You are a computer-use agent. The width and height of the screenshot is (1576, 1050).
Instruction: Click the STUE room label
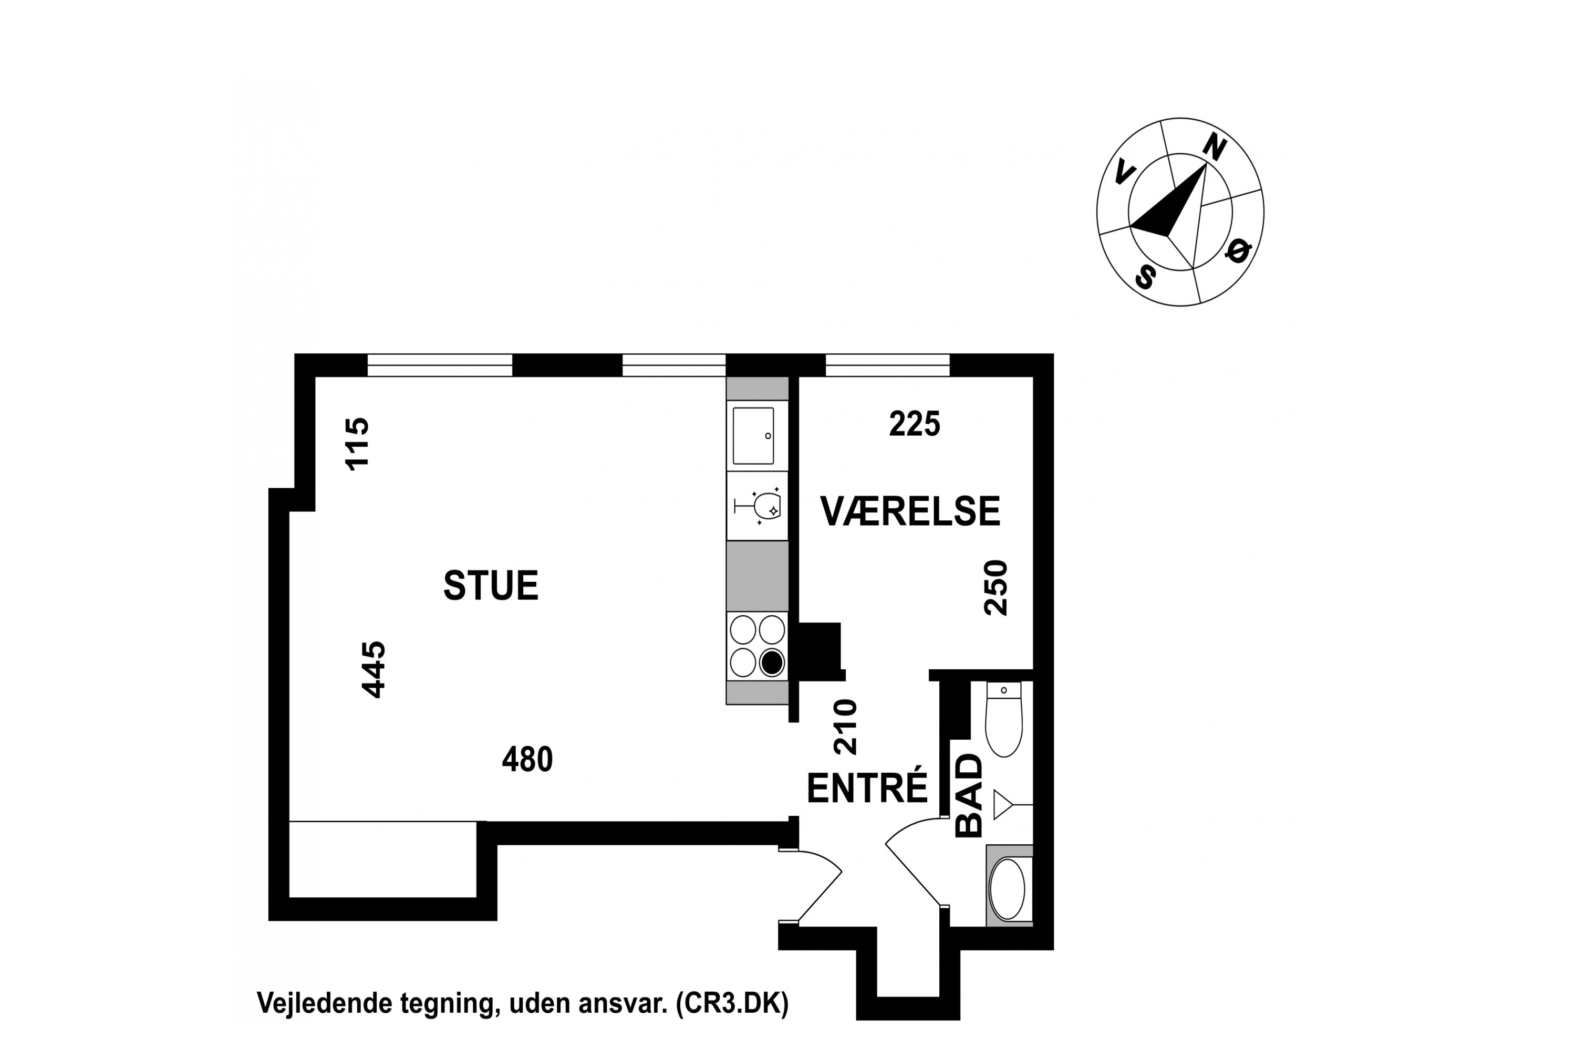coord(491,585)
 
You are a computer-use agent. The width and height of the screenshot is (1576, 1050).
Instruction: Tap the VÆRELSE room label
coord(910,511)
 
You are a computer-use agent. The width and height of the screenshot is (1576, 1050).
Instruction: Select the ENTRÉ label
coord(867,787)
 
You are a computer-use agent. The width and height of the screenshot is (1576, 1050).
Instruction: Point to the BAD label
coord(969,795)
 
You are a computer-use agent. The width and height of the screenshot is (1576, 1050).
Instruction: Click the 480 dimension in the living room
coord(527,759)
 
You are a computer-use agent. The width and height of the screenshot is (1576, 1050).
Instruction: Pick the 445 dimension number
coord(374,670)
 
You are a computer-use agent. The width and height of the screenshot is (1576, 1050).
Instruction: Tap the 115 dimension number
coord(357,444)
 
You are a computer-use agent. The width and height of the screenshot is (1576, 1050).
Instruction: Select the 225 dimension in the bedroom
coord(915,424)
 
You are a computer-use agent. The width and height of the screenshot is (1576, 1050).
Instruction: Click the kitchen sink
coord(754,435)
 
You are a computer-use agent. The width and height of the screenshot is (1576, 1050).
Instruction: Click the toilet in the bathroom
coord(1004,719)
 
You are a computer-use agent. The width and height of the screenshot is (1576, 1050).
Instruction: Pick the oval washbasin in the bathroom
coord(1008,889)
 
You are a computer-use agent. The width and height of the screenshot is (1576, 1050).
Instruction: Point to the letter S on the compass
coord(1145,276)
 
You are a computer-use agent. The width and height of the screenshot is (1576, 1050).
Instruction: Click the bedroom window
coord(887,365)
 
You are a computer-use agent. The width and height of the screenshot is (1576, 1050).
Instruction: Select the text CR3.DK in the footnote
coord(732,1004)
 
